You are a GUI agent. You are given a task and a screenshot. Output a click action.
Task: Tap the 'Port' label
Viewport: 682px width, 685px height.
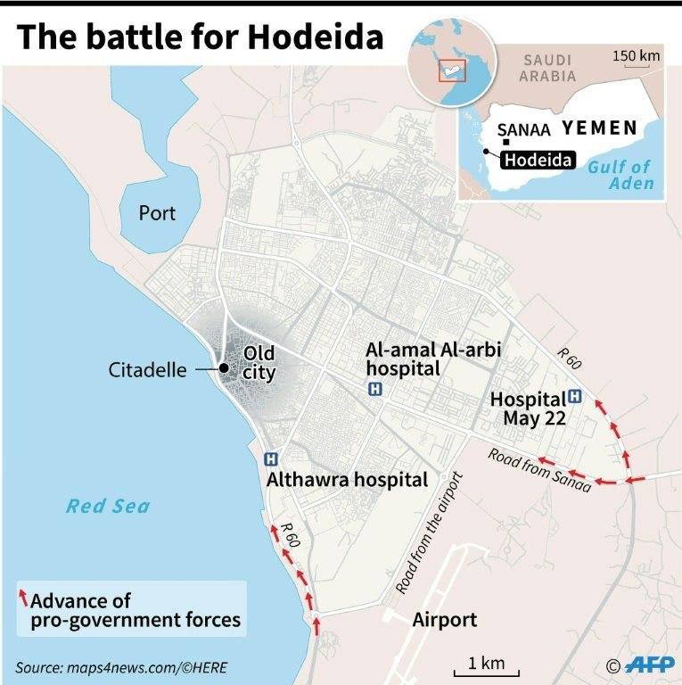(157, 213)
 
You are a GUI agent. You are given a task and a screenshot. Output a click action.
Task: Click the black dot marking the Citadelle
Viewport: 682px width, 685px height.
(224, 368)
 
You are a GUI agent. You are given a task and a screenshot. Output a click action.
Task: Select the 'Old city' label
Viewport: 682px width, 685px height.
(259, 363)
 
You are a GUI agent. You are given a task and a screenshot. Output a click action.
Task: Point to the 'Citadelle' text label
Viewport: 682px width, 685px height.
(148, 369)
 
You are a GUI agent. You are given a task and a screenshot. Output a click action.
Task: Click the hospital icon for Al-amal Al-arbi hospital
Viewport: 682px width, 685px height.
(374, 389)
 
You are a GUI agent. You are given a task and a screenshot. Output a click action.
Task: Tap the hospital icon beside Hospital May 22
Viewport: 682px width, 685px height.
(575, 397)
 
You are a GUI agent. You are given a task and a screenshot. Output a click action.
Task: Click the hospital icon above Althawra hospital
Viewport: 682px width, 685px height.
(272, 458)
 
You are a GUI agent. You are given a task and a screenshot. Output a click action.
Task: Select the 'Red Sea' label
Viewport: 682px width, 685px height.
(108, 507)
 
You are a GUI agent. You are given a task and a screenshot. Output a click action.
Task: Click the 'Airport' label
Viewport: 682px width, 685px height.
(444, 620)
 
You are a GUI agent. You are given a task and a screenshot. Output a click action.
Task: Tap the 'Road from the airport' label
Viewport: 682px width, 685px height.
(431, 532)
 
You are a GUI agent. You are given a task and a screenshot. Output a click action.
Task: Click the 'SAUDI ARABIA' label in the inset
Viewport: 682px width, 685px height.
(547, 68)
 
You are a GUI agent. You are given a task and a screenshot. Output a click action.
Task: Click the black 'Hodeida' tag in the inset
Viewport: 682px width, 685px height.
(537, 161)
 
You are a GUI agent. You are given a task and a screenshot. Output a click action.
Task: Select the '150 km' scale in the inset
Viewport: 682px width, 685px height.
(636, 57)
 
